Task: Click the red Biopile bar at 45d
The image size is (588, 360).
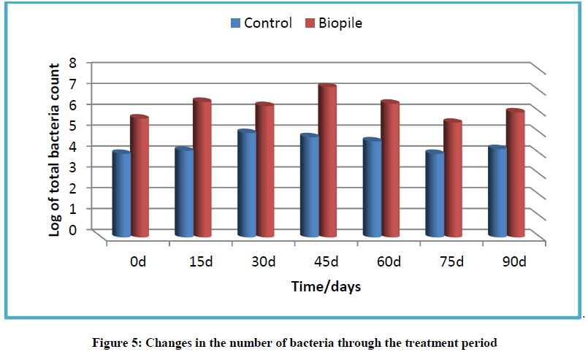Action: click(x=327, y=161)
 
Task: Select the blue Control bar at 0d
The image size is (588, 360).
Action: click(x=121, y=194)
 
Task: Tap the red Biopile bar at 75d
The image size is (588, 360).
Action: click(x=453, y=178)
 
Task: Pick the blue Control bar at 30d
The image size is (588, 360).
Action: click(x=247, y=183)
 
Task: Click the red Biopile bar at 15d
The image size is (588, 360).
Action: click(x=202, y=168)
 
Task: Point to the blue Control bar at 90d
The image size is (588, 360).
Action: click(x=497, y=191)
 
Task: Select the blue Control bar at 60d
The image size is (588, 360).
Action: click(x=372, y=188)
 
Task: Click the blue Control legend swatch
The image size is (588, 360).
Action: click(x=235, y=23)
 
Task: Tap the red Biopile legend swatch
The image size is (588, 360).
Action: click(x=310, y=23)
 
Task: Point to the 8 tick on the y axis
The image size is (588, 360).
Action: click(x=73, y=62)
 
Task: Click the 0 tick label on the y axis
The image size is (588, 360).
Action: click(x=73, y=229)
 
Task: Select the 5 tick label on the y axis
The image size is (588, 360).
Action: click(x=73, y=125)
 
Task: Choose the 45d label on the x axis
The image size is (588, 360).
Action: click(x=326, y=261)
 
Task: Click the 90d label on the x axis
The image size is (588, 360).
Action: click(x=514, y=261)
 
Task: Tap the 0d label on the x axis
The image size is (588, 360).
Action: click(x=138, y=261)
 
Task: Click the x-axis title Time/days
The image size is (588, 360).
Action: click(x=326, y=287)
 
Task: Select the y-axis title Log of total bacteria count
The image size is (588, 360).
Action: click(x=54, y=150)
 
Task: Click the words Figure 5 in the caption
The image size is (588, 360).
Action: click(x=117, y=342)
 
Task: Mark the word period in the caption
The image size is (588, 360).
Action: click(x=479, y=343)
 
